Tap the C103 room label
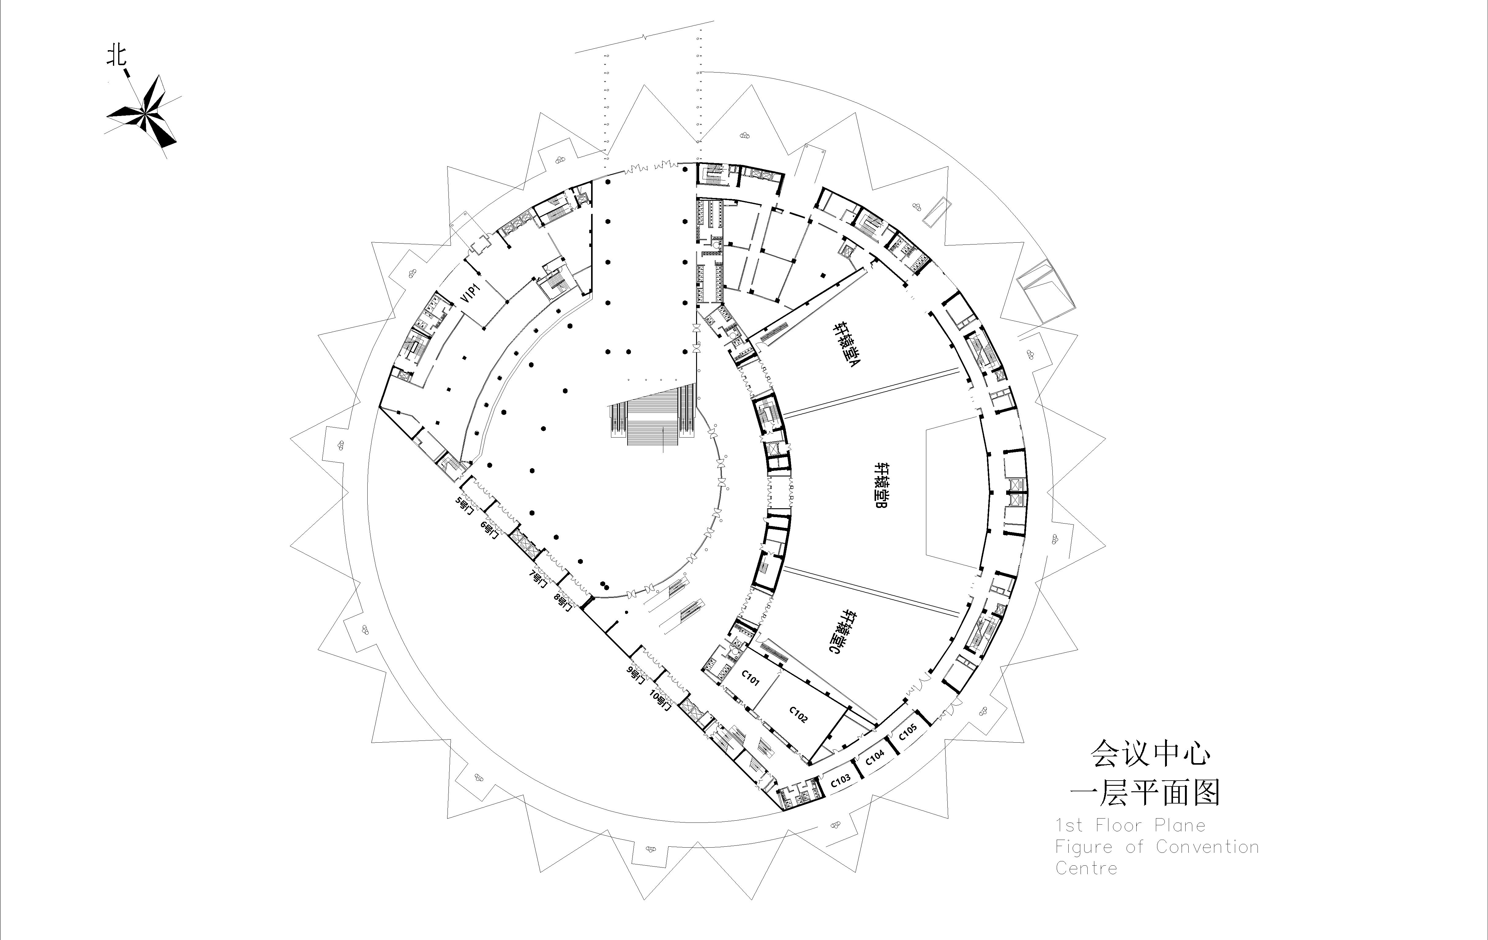pyautogui.click(x=840, y=780)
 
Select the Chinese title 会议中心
pyautogui.click(x=1151, y=753)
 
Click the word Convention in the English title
pyautogui.click(x=1208, y=847)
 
